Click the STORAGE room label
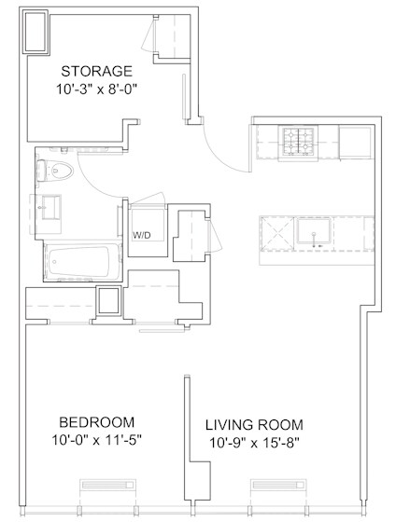(97, 71)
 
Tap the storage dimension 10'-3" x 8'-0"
(97, 89)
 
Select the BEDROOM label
(97, 422)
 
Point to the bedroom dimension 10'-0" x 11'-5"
(97, 440)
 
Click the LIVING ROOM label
(254, 425)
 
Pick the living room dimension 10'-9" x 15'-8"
(254, 443)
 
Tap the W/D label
(142, 235)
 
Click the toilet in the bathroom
(55, 172)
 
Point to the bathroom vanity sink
(51, 207)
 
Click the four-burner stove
(298, 142)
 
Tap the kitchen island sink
(314, 231)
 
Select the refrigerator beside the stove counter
(355, 142)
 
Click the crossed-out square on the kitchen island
(277, 233)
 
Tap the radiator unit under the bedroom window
(107, 485)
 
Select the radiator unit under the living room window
(279, 485)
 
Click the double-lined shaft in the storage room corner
(35, 32)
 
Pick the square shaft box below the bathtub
(108, 300)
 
